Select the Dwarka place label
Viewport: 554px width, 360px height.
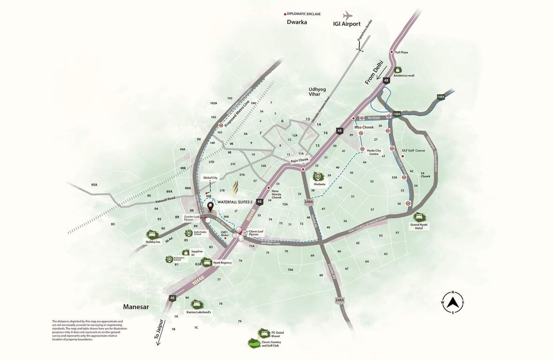(297, 22)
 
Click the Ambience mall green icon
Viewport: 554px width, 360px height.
(397, 69)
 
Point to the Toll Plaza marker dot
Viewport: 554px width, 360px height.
(391, 52)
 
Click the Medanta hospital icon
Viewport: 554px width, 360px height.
(318, 177)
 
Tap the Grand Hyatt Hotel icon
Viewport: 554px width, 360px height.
(419, 217)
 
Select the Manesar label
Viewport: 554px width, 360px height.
(135, 307)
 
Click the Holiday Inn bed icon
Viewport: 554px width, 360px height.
(151, 234)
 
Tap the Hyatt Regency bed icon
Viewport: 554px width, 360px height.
(207, 262)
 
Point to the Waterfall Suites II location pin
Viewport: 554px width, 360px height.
(210, 206)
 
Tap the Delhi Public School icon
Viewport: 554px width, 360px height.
(188, 233)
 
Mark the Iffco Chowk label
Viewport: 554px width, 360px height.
(364, 127)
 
